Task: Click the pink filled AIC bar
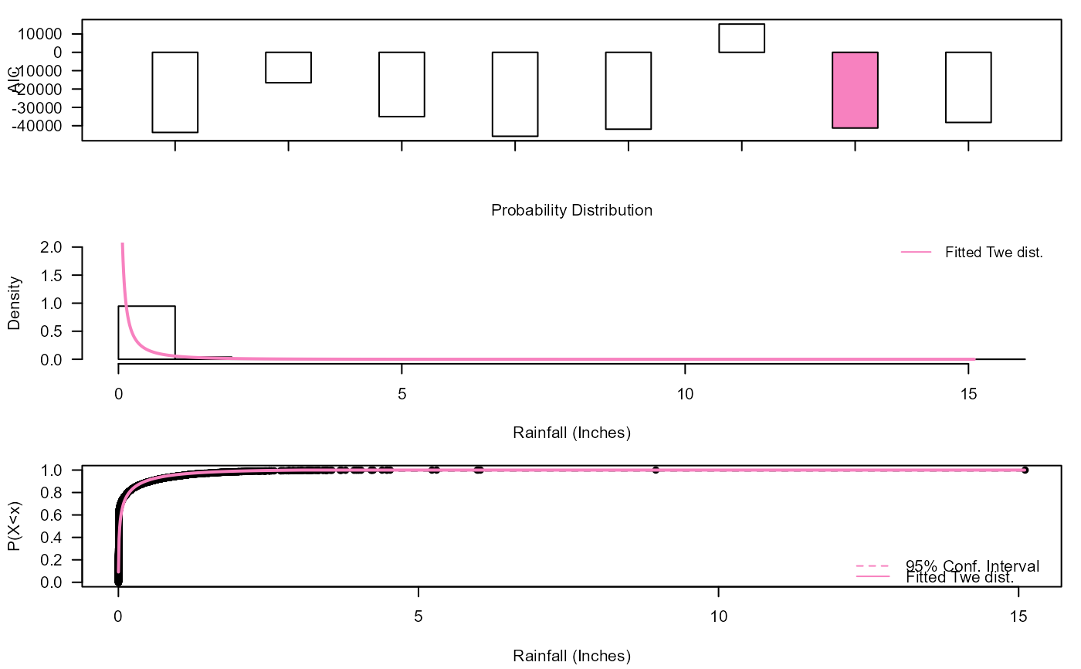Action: [854, 90]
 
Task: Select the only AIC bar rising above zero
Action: [741, 38]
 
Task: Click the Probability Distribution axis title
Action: [571, 210]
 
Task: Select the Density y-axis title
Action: [14, 303]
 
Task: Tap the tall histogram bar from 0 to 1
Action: [147, 332]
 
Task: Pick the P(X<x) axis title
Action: [14, 526]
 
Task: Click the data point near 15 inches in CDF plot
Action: [1025, 470]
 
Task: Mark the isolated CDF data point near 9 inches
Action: [656, 470]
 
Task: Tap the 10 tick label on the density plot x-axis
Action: [685, 393]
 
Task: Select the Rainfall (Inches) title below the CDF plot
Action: [571, 657]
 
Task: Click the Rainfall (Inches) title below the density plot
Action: [571, 433]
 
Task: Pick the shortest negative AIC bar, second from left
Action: [288, 67]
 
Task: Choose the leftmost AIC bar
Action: [175, 92]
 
